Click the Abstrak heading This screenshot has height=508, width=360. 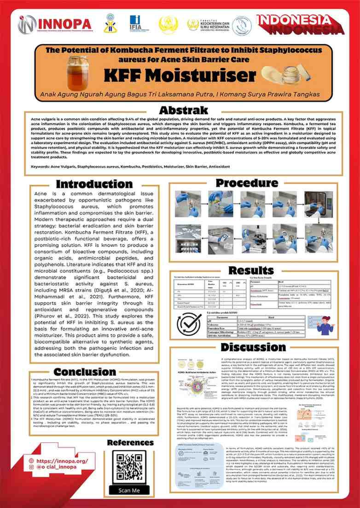pyautogui.click(x=180, y=111)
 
